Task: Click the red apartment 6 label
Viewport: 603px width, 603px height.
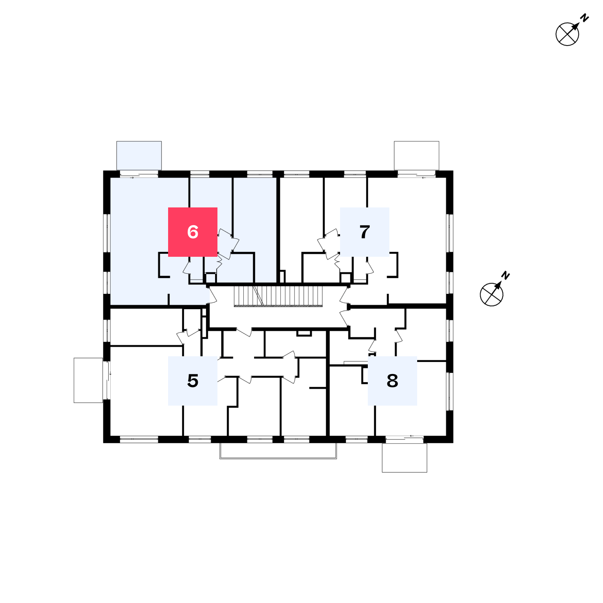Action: (x=193, y=232)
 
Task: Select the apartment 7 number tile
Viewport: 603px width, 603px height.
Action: (x=365, y=232)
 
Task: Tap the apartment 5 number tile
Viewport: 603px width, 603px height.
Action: (x=193, y=381)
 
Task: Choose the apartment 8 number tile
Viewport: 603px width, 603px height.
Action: (x=392, y=381)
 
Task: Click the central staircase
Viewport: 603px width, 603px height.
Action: (x=278, y=296)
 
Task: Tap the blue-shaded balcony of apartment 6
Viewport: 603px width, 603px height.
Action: (x=139, y=155)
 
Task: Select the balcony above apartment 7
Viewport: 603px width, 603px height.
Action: (x=416, y=155)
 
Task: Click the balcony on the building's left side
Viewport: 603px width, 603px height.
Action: (x=88, y=380)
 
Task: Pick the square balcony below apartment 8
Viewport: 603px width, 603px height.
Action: (x=404, y=458)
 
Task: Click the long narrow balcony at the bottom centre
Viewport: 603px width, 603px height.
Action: (x=278, y=451)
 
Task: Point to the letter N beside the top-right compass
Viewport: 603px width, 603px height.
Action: (x=585, y=18)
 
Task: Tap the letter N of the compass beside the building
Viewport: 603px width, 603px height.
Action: (x=506, y=275)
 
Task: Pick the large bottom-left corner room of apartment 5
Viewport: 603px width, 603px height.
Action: (x=146, y=391)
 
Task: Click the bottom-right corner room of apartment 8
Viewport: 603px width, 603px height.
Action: (x=411, y=399)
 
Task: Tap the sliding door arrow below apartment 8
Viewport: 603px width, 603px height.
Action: (x=411, y=436)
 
